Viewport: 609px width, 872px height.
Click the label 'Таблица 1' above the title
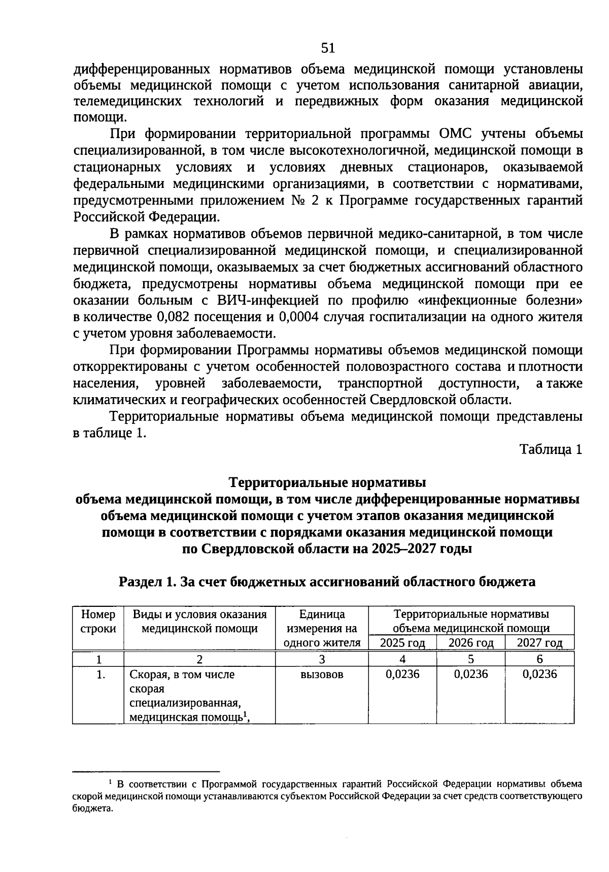pos(550,449)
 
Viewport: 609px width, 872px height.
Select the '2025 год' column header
pos(402,643)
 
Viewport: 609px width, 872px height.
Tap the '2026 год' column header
pos(471,643)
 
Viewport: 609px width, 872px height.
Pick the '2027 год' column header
pos(539,643)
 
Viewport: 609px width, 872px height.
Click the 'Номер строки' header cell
pos(98,622)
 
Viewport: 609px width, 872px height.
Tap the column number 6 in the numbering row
pos(539,659)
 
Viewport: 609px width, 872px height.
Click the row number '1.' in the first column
pos(100,674)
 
